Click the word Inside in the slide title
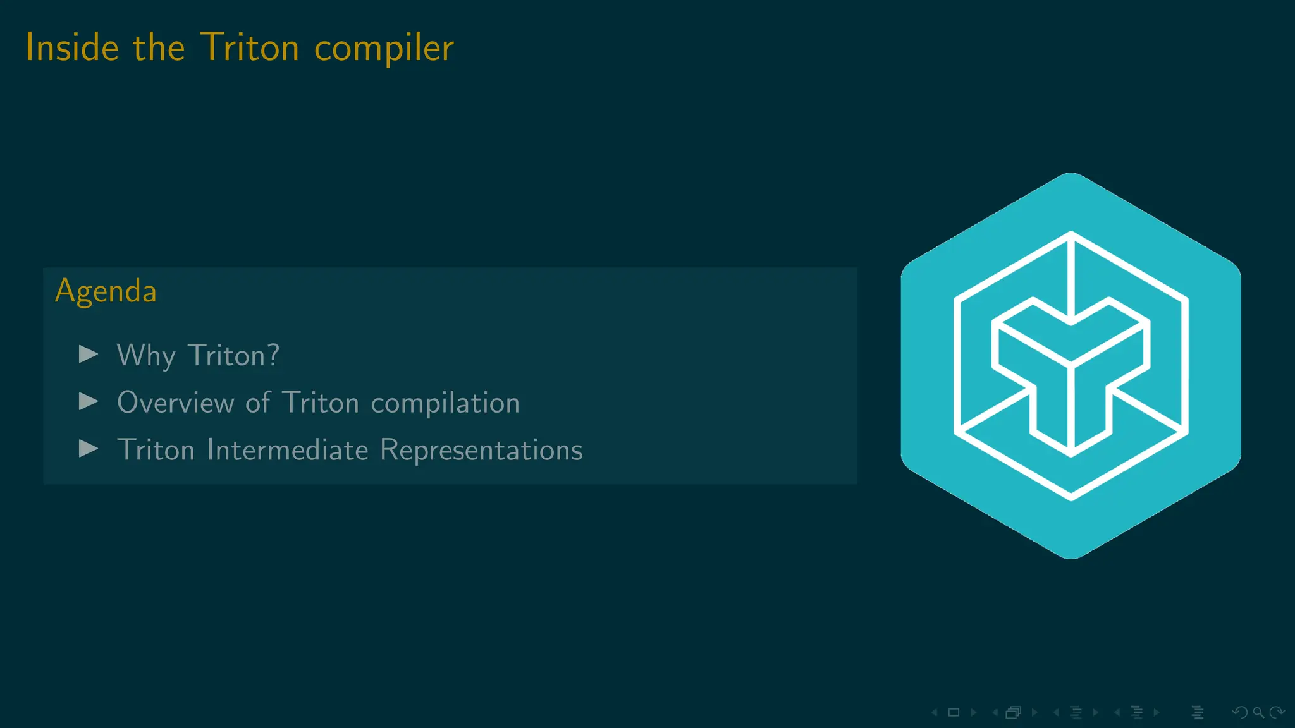(x=72, y=47)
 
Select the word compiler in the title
(x=384, y=49)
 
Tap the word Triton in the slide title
(x=250, y=47)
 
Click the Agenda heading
(x=106, y=291)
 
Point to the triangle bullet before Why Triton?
(x=89, y=354)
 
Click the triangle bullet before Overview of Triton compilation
(x=89, y=401)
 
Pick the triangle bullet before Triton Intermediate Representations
(x=89, y=449)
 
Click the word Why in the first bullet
(x=146, y=356)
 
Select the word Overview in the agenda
(x=176, y=403)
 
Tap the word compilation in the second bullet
(x=445, y=403)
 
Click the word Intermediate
(x=288, y=450)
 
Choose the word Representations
(x=481, y=450)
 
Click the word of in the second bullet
(x=258, y=403)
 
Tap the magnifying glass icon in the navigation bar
(x=1258, y=712)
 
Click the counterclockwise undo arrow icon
(x=1239, y=712)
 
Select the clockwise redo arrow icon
(x=1277, y=712)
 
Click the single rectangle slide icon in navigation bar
(x=954, y=712)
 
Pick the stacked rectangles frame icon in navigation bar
(x=1013, y=712)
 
